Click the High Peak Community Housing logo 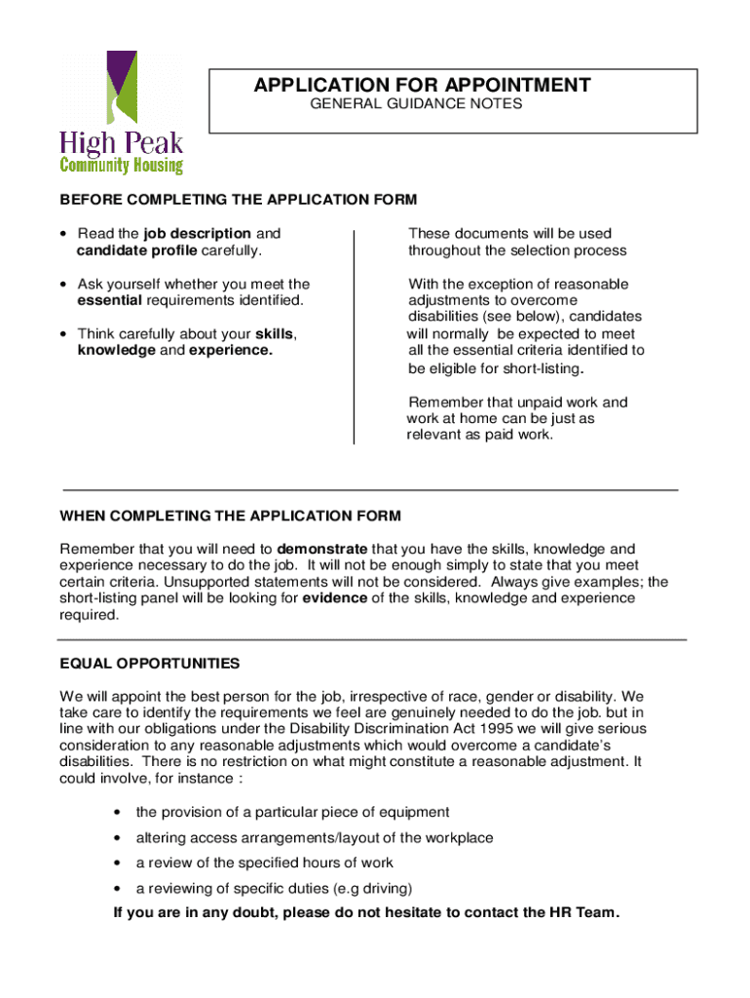pos(122,112)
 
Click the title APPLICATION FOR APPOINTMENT pos(422,86)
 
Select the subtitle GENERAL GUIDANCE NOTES pos(416,103)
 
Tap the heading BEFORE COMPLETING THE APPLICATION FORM pos(239,200)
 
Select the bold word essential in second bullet pos(110,300)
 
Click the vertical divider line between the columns pos(354,337)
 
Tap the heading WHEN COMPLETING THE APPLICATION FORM pos(230,516)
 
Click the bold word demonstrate pos(322,549)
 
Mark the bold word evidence pos(335,598)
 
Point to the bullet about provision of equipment pos(292,812)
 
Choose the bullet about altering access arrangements pos(314,837)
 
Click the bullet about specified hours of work pos(264,863)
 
